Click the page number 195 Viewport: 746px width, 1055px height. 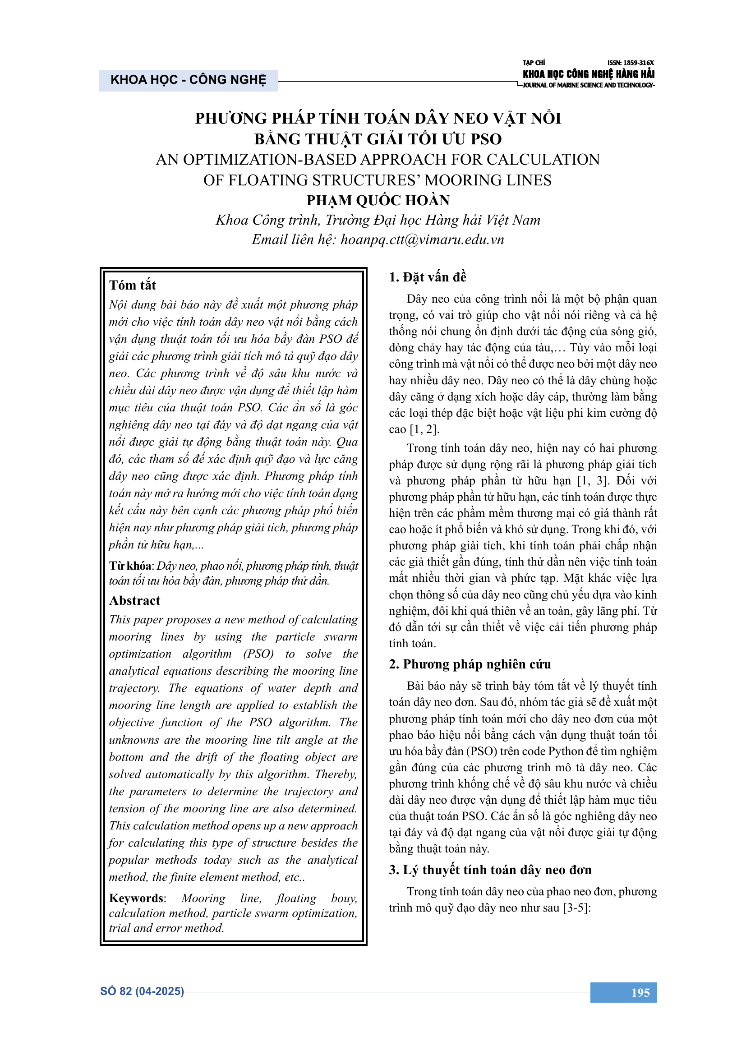click(640, 993)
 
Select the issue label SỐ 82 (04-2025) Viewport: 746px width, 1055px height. click(142, 991)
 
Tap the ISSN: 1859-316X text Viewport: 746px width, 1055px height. click(631, 63)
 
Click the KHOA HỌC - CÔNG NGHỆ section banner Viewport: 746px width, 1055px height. click(189, 80)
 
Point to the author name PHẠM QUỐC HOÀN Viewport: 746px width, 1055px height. click(378, 200)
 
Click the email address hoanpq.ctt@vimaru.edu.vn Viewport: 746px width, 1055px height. click(422, 240)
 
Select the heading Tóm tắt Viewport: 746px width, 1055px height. click(133, 286)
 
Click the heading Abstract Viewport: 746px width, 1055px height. click(134, 600)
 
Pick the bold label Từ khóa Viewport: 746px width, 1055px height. click(130, 566)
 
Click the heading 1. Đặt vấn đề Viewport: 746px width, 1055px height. click(427, 277)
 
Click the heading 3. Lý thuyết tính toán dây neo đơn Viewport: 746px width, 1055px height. click(490, 870)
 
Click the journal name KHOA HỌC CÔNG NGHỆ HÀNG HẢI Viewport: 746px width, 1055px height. click(589, 74)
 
